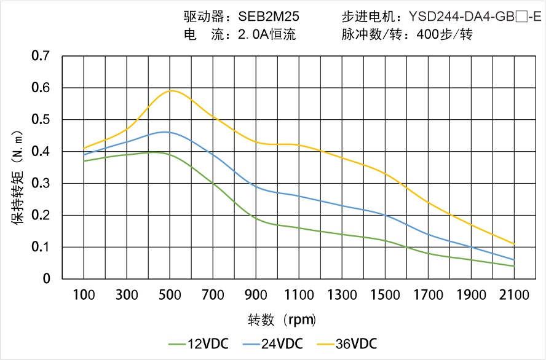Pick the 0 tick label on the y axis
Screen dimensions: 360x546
47,279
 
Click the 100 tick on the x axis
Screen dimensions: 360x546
84,295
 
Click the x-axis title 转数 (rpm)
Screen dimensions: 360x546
282,319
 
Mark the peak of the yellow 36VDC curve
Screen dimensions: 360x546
172,90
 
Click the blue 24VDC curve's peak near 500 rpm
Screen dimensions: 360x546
165,131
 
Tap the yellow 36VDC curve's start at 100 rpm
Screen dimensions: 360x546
84,148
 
